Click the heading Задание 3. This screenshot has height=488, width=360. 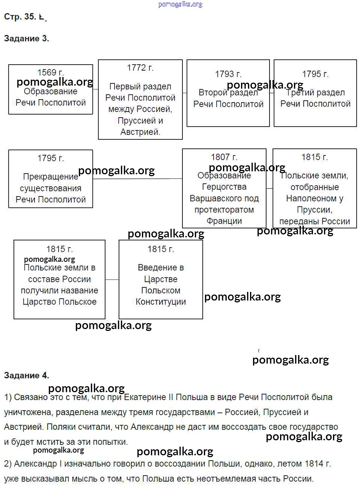click(26, 38)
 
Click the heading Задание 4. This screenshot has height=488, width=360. click(26, 375)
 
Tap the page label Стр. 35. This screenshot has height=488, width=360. click(20, 17)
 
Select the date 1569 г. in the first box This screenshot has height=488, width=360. click(50, 72)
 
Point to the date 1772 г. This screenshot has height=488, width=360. click(140, 68)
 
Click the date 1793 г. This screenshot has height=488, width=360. click(228, 74)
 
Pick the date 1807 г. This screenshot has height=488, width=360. click(224, 157)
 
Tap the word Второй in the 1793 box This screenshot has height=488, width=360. click(213, 92)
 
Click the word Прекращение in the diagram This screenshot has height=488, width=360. click(50, 177)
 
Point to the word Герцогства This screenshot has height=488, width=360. click(224, 187)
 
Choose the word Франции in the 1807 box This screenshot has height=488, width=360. click(224, 221)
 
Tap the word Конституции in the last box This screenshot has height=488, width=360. click(161, 302)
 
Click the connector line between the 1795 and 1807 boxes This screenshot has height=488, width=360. click(137, 179)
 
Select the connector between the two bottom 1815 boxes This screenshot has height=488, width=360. click(112, 280)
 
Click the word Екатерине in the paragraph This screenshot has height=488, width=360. click(145, 397)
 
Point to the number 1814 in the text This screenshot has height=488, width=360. click(314, 464)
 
